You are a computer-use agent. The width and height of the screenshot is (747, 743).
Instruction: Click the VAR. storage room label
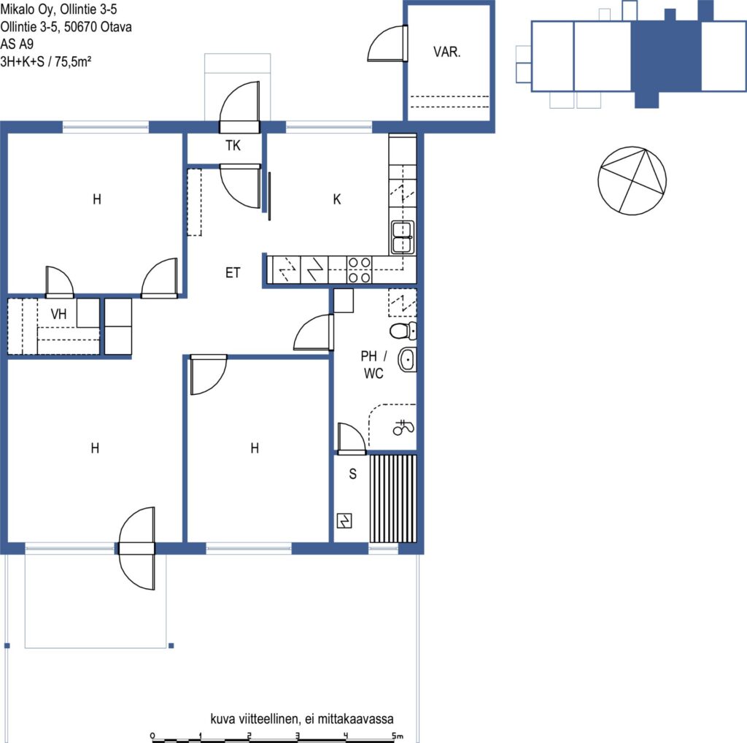click(x=447, y=52)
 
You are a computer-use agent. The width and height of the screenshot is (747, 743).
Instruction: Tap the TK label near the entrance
click(x=233, y=145)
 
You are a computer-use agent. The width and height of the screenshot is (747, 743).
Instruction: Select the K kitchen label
click(x=337, y=199)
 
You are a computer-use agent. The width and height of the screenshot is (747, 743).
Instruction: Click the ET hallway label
click(x=233, y=273)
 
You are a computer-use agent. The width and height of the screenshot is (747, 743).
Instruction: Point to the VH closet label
click(x=58, y=314)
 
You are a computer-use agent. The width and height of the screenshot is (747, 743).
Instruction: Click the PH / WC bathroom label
click(x=373, y=365)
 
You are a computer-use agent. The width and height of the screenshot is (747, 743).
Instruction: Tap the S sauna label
click(x=352, y=474)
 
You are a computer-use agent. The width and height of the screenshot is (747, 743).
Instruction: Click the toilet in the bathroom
click(x=403, y=331)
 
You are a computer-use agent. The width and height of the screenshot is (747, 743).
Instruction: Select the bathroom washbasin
click(x=407, y=359)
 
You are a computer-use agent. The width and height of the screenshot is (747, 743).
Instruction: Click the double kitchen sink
click(x=403, y=237)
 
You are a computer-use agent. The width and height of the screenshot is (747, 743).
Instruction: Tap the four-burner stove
click(x=359, y=270)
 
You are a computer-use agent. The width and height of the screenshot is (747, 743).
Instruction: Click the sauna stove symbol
click(x=344, y=520)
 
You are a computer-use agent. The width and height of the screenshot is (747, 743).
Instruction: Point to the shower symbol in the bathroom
click(x=403, y=428)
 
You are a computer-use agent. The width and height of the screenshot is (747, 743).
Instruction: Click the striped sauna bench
click(x=393, y=498)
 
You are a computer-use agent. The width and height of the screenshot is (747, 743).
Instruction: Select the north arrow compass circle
click(x=632, y=180)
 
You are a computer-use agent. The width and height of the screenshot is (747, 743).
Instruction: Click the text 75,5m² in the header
click(x=73, y=61)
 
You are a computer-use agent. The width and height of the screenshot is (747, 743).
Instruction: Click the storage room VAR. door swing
click(x=387, y=43)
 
